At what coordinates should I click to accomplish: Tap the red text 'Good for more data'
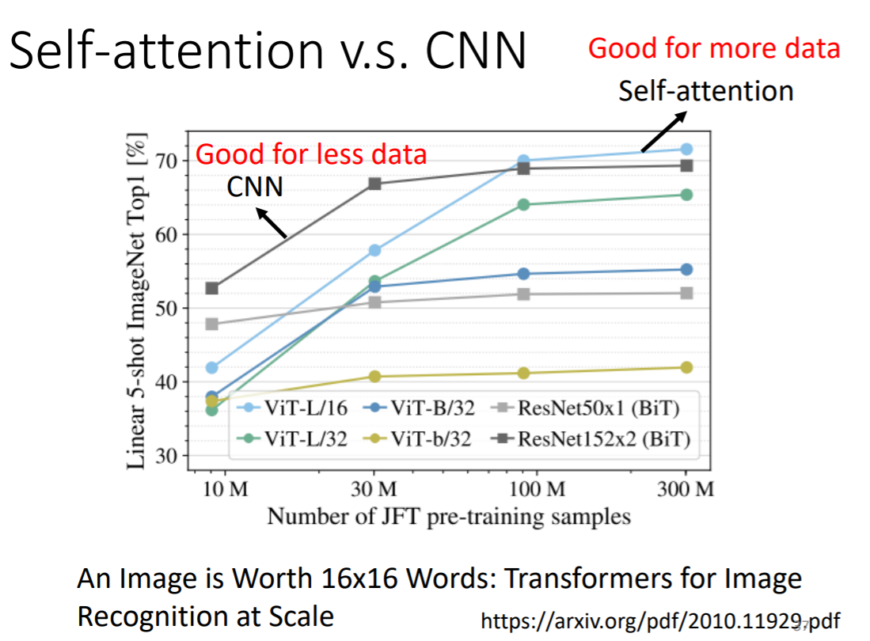(x=713, y=48)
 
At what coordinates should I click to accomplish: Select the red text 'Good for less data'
(x=311, y=154)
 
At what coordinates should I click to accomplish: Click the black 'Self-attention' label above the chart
(x=705, y=91)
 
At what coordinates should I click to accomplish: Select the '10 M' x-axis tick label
(x=226, y=489)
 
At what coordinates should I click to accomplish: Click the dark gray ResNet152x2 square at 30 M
(x=375, y=184)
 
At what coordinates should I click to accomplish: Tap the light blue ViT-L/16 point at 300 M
(x=686, y=149)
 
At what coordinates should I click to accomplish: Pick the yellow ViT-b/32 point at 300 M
(x=686, y=367)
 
